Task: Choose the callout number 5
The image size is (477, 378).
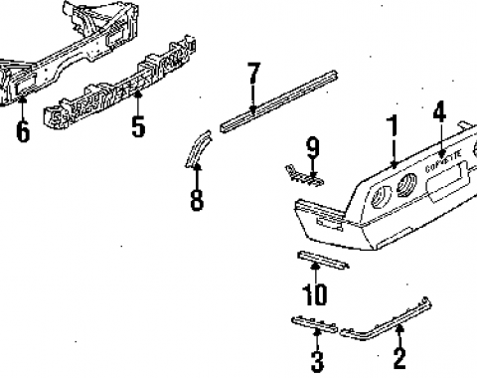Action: coord(137,126)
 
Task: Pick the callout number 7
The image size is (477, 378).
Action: coord(253,75)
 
